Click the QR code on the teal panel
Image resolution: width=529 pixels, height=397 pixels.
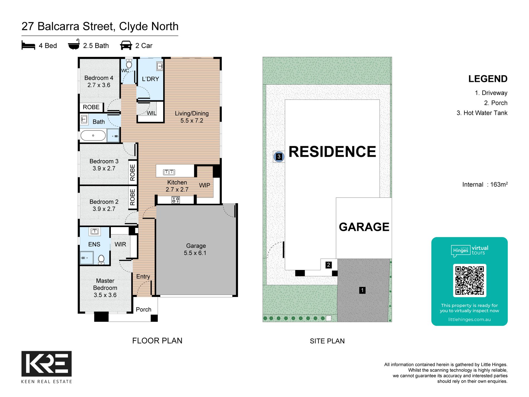pos(469,280)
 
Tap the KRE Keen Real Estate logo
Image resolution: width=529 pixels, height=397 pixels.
pos(46,367)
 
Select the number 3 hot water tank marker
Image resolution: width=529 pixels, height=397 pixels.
pos(279,157)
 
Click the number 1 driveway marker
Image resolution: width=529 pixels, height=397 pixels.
pos(362,290)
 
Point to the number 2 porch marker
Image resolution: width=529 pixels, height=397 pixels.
pos(329,265)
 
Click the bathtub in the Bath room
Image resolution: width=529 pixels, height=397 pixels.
pos(93,136)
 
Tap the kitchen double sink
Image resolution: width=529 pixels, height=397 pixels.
pos(169,172)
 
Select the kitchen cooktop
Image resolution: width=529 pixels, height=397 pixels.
pos(176,200)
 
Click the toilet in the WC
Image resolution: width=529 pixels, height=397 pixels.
pos(129,64)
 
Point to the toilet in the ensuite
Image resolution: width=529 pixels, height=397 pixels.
pos(101,260)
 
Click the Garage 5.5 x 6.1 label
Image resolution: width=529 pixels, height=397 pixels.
pos(195,249)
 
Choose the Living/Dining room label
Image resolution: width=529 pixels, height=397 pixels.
pos(192,117)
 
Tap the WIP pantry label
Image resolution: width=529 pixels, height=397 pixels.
pos(205,185)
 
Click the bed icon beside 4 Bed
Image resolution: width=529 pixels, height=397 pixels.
pos(28,45)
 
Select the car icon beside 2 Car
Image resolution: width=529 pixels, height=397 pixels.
pos(126,45)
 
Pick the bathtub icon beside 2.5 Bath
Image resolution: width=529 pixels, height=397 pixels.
pos(74,45)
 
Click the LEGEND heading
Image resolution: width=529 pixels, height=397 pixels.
pos(488,79)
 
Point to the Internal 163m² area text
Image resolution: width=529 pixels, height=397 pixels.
pos(485,184)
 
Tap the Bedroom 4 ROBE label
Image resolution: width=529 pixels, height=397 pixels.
pos(91,107)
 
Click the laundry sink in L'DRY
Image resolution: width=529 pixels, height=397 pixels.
pos(160,66)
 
